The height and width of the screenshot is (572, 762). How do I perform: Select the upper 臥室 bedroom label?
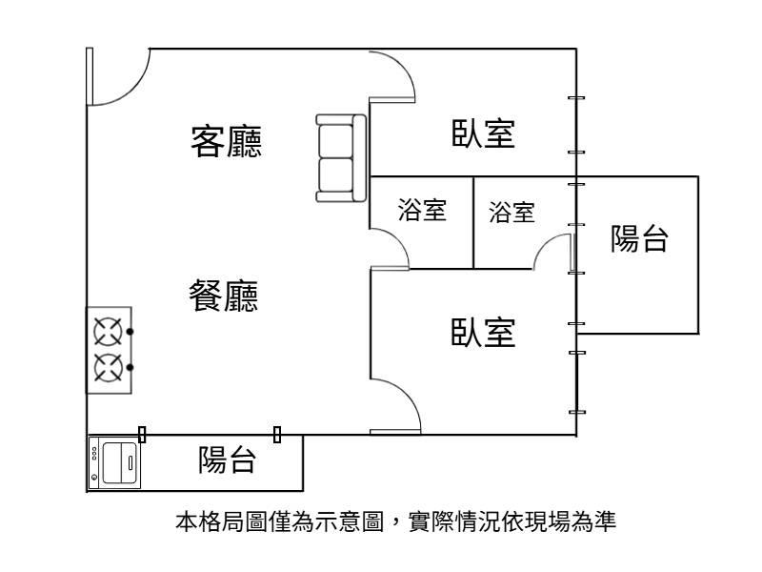(483, 134)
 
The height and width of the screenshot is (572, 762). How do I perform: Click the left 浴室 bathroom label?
(422, 211)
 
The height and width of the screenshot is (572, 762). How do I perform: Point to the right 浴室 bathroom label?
(511, 212)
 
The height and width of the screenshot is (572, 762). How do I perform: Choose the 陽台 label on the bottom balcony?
(227, 460)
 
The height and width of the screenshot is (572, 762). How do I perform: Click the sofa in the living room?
(341, 158)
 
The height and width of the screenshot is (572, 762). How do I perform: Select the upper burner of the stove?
(107, 332)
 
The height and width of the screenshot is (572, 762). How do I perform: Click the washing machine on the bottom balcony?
(113, 463)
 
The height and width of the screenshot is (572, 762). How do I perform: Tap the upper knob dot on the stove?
(130, 332)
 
